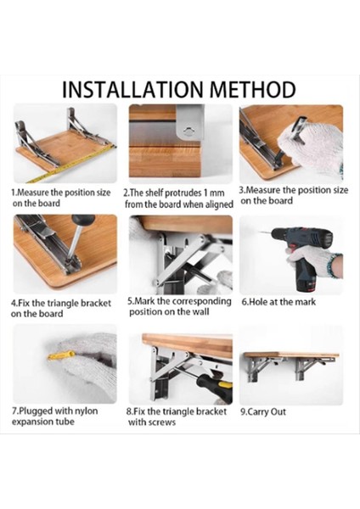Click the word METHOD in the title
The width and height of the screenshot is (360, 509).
pos(254,89)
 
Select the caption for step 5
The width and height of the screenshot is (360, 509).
pos(178,306)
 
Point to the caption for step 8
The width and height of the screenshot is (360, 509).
pos(177,417)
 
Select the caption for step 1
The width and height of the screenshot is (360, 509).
pos(61,198)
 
